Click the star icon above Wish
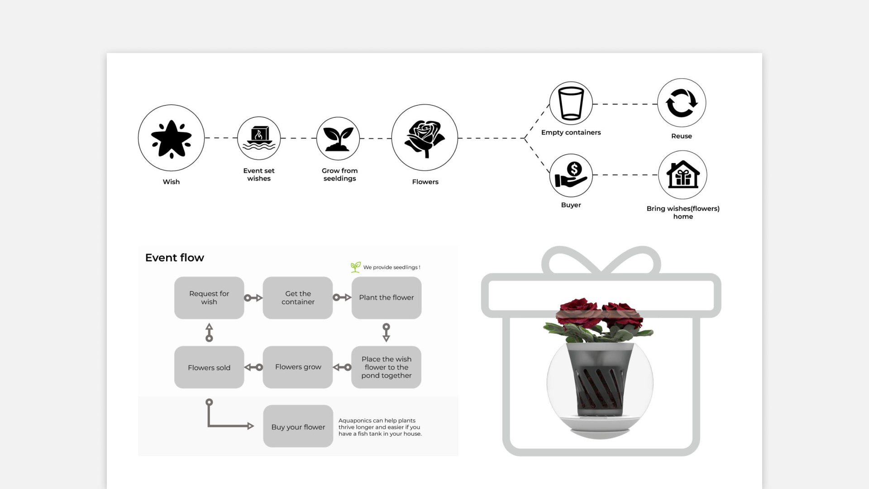tap(171, 139)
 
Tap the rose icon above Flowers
tap(425, 138)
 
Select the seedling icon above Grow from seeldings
tap(338, 139)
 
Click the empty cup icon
tap(571, 103)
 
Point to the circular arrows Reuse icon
tap(681, 103)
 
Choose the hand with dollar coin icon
tap(571, 175)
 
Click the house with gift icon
tap(683, 175)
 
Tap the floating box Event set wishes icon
tap(259, 138)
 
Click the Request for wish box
tap(209, 297)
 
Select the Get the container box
tap(298, 297)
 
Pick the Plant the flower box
tap(387, 297)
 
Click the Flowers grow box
tap(298, 367)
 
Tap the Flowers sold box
tap(209, 367)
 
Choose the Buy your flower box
tap(298, 427)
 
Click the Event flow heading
tap(175, 258)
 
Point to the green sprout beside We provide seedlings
tap(356, 267)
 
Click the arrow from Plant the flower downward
tap(386, 332)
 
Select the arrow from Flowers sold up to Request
tap(209, 332)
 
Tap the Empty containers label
tap(571, 132)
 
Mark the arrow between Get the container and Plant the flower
tap(342, 297)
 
